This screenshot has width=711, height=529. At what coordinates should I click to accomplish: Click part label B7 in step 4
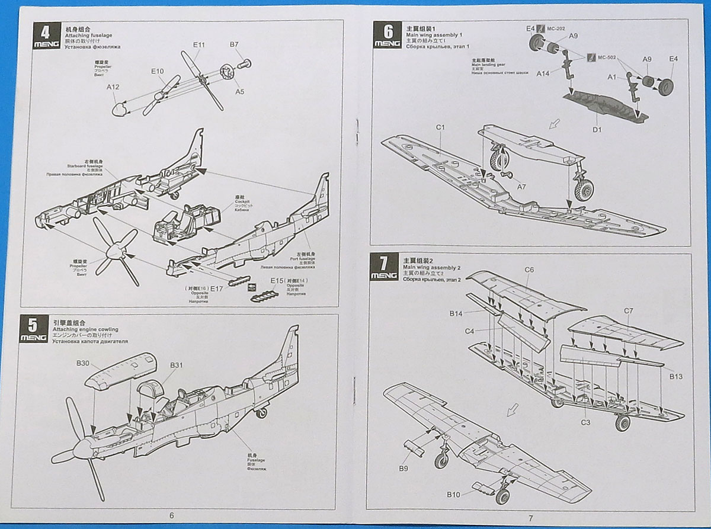tap(234, 44)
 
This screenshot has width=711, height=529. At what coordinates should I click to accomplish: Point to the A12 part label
tap(113, 87)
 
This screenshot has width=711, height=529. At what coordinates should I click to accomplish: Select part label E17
tap(217, 288)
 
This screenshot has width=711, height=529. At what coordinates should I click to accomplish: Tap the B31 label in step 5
tap(177, 365)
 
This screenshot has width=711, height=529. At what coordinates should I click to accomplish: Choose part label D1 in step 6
tap(597, 129)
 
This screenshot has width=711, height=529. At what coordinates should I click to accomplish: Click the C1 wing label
tap(440, 127)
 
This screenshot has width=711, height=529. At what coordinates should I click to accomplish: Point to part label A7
tap(521, 187)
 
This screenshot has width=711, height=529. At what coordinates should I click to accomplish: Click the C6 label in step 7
tap(529, 270)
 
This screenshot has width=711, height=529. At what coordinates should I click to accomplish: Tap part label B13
tap(676, 376)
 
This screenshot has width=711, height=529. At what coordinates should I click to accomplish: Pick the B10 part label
tap(454, 494)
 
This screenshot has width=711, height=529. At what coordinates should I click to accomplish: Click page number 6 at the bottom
tap(172, 515)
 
